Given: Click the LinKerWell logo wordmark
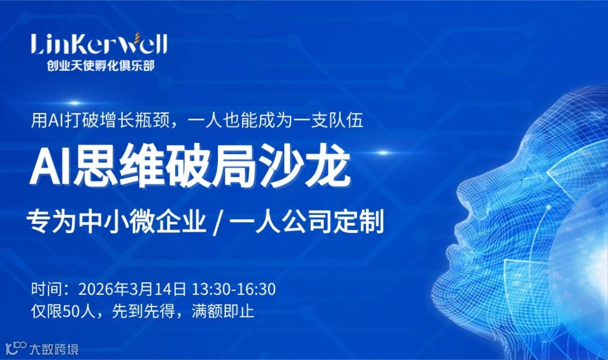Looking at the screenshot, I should pyautogui.click(x=99, y=44).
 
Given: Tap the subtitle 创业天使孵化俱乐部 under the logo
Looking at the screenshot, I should pyautogui.click(x=101, y=65).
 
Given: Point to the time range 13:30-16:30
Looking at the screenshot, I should pyautogui.click(x=234, y=290).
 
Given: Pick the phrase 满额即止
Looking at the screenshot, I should pyautogui.click(x=223, y=310).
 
